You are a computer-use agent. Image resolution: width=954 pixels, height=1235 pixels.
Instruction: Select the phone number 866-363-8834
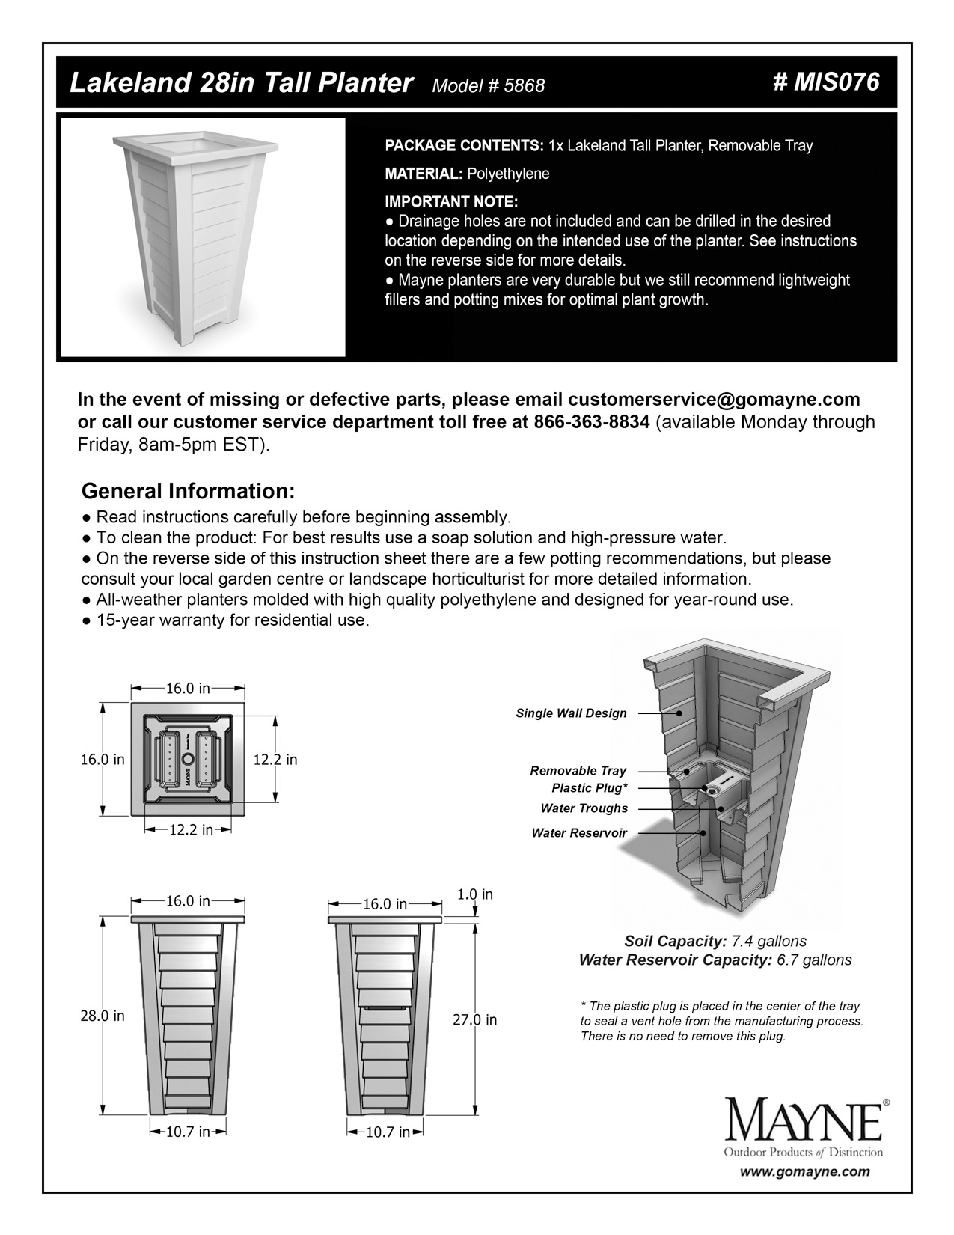591,422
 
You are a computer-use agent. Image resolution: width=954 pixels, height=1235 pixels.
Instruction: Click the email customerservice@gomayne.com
714,399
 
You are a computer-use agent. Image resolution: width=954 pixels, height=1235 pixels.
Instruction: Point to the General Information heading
188,492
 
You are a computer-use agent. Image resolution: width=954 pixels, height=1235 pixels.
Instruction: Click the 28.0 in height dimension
103,1016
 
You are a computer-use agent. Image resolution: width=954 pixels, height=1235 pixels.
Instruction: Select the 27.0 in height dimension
475,1019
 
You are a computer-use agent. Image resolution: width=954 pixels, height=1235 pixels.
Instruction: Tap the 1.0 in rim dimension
474,894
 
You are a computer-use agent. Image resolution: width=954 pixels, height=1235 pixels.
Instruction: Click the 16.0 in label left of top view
103,760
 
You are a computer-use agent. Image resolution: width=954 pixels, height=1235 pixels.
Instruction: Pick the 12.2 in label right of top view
275,760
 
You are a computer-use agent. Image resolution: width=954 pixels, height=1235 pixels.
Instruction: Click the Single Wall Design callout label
571,713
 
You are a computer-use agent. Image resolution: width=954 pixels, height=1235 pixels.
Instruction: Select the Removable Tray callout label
578,771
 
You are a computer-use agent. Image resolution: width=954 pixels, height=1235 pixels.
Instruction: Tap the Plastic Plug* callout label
589,788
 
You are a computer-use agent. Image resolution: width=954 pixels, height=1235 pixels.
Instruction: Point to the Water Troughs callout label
584,808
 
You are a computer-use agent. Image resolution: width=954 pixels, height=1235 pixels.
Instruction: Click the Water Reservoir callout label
579,832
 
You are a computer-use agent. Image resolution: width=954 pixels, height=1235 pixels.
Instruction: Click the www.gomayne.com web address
805,1172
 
